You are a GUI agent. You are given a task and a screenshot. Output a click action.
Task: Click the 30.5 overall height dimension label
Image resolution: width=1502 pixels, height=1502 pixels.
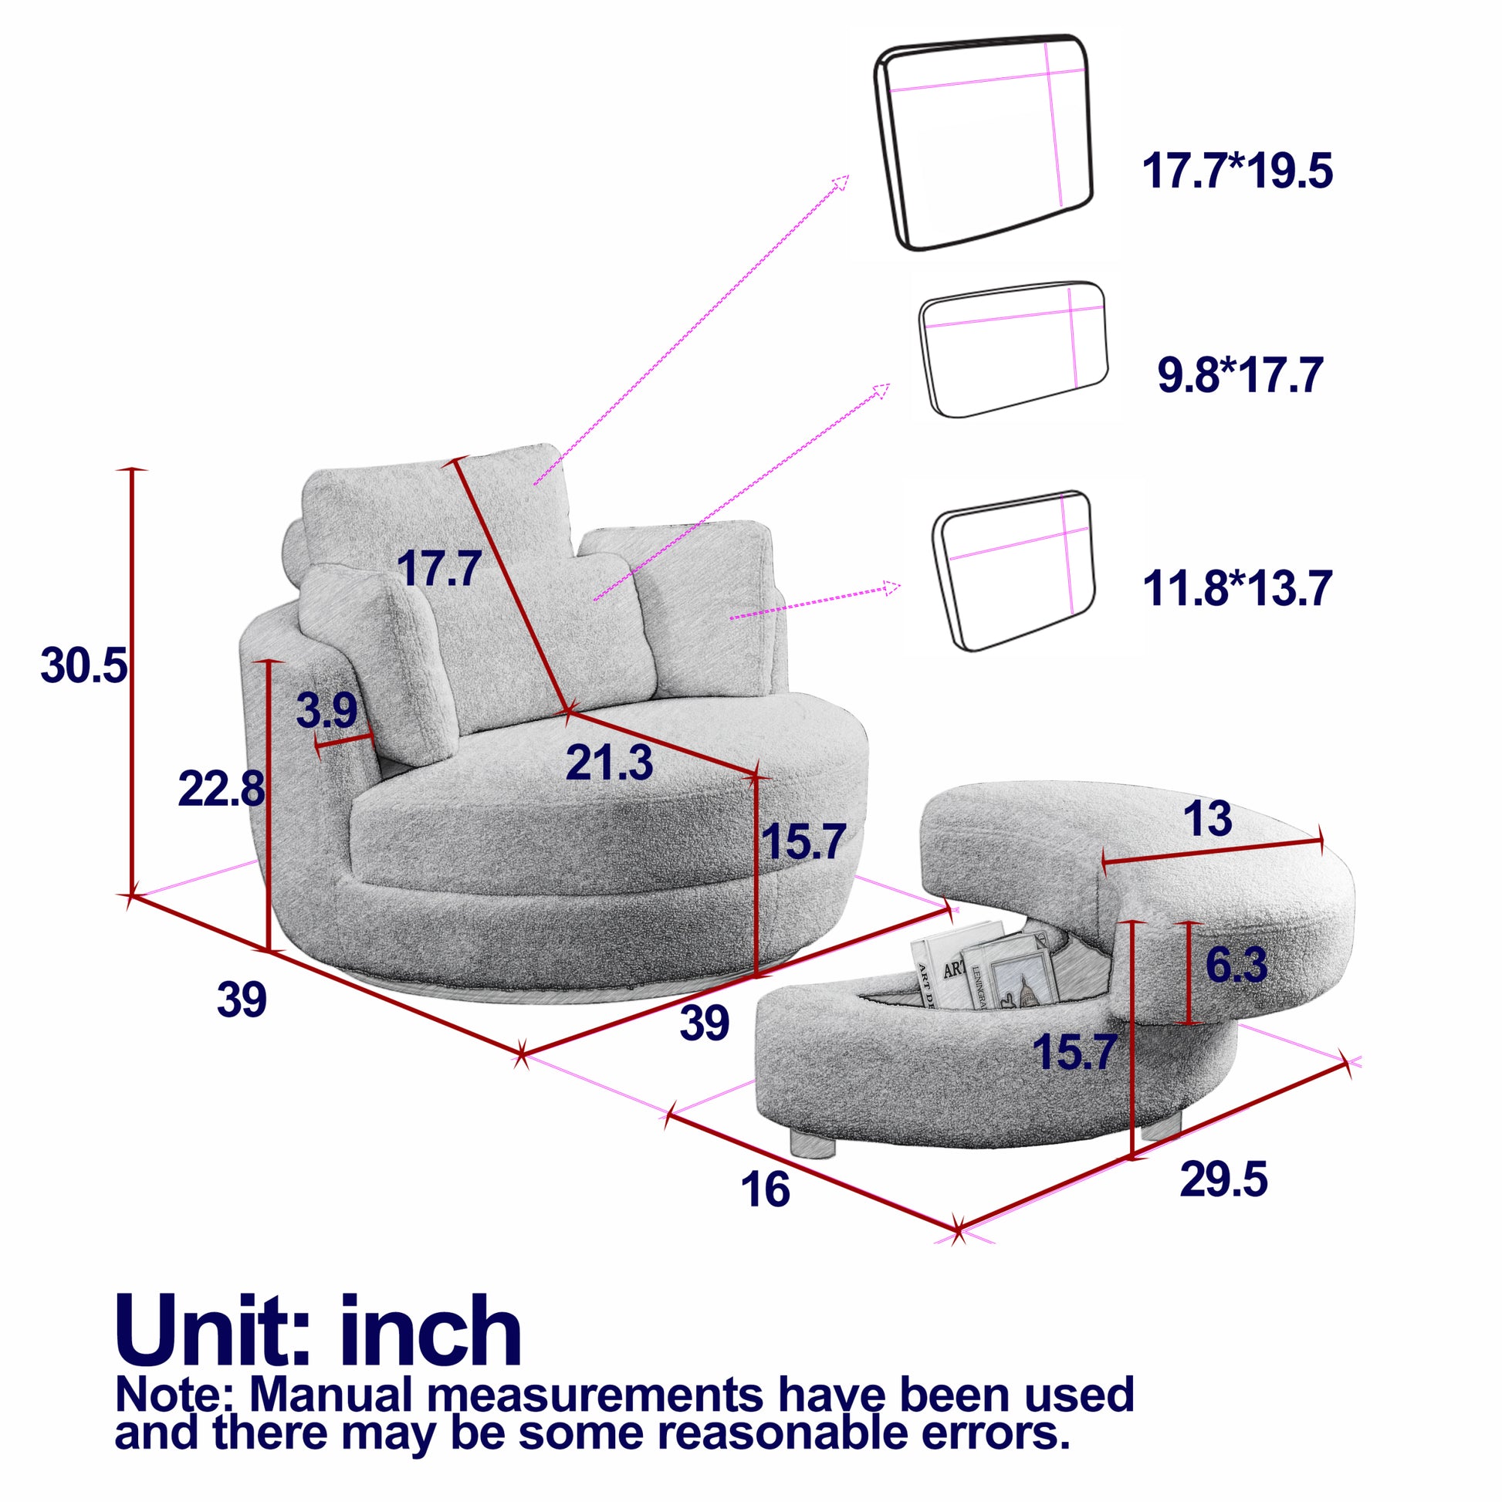point(83,666)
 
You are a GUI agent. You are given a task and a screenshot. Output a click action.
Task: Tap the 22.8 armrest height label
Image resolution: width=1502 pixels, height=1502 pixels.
point(221,790)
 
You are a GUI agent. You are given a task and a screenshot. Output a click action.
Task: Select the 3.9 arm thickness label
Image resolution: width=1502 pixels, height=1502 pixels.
point(326,710)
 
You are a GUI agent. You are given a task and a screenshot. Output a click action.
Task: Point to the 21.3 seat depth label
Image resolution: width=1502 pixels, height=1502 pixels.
point(609,763)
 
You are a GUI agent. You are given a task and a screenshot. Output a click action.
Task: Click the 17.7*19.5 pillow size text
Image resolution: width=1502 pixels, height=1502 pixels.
point(1237,172)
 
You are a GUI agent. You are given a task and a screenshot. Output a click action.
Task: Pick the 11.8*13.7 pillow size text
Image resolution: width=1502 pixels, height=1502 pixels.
point(1237,587)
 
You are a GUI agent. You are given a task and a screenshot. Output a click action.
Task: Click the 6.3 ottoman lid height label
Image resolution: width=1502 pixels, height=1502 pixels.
point(1236,964)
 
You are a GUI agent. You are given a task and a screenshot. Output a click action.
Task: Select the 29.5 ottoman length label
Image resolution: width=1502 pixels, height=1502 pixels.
point(1223,1179)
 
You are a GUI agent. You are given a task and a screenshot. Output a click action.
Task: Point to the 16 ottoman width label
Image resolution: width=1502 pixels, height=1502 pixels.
point(765,1189)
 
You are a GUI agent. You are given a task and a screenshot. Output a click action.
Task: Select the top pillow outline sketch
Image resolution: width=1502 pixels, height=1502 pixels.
point(984,142)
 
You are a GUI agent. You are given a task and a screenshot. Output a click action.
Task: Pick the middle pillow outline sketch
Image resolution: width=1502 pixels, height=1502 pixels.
point(1013,347)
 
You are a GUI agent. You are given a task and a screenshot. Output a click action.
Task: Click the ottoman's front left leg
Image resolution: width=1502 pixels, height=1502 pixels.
point(812,1142)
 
